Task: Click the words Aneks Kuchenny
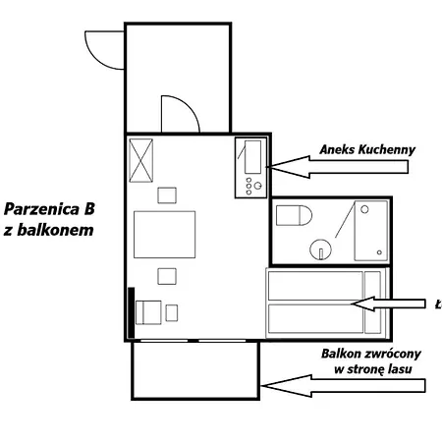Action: [x=367, y=149]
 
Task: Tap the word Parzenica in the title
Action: [x=41, y=209]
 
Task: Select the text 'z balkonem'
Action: [x=49, y=230]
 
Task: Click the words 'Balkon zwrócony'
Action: [x=371, y=354]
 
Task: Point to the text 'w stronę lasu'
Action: [x=373, y=369]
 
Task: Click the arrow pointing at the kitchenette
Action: [x=337, y=167]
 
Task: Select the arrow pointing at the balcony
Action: [x=343, y=386]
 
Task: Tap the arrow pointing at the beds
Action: [x=388, y=304]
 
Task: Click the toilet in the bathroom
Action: [x=294, y=215]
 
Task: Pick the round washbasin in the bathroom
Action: [x=320, y=249]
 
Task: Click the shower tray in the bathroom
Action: [x=371, y=231]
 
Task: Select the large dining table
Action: [x=165, y=235]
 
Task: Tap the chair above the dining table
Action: [x=167, y=195]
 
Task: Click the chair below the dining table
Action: [x=167, y=276]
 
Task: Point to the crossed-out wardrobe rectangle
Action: [x=141, y=160]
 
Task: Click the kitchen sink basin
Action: [x=253, y=157]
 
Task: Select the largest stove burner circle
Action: [x=258, y=186]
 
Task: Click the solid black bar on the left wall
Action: [x=131, y=313]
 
